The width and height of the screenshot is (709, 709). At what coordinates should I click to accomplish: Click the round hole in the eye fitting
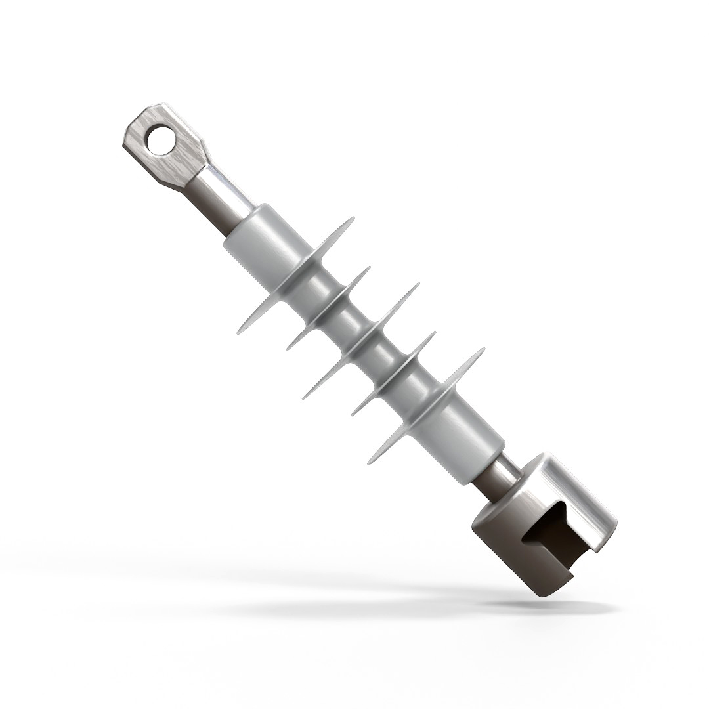161,139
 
